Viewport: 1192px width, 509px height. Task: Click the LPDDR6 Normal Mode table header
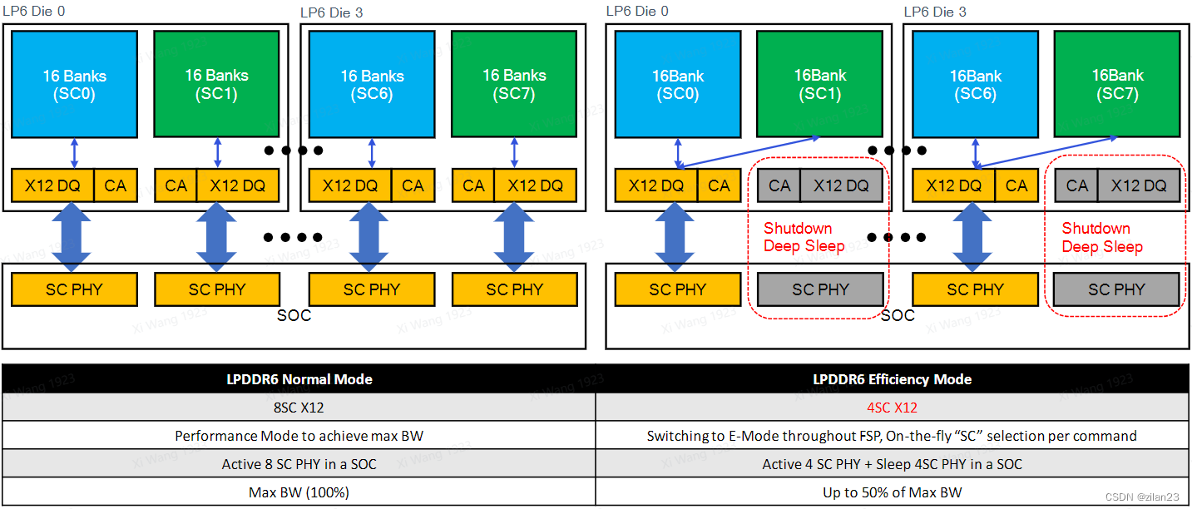click(299, 379)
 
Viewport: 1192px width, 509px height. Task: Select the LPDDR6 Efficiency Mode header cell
click(892, 379)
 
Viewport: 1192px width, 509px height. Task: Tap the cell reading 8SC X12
click(299, 408)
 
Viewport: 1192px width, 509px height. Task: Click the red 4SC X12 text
click(892, 408)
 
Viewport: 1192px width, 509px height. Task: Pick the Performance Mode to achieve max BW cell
click(299, 436)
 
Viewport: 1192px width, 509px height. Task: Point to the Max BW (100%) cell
click(299, 492)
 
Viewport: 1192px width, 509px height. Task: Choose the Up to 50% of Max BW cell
click(892, 492)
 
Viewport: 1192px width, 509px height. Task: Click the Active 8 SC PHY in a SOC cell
click(299, 464)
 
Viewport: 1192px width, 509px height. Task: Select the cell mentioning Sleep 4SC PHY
click(892, 464)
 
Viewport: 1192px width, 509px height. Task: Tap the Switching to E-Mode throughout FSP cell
click(892, 436)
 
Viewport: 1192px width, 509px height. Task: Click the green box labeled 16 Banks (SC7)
click(514, 84)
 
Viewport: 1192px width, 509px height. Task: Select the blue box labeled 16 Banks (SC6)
click(372, 84)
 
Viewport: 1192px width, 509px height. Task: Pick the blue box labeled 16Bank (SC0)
click(677, 84)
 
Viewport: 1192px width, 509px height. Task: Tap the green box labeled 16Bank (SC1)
click(819, 84)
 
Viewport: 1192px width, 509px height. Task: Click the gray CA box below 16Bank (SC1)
click(779, 185)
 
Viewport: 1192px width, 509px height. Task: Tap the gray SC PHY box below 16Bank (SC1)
click(819, 289)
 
